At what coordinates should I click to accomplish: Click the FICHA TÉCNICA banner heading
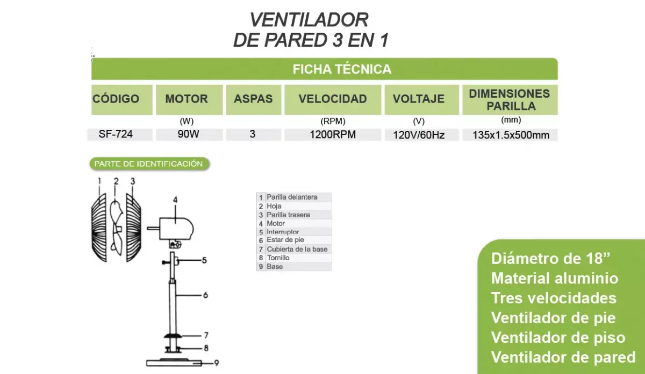click(342, 69)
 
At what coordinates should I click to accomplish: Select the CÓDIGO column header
click(116, 99)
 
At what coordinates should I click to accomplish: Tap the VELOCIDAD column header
click(333, 99)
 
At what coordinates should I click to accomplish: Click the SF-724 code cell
click(116, 134)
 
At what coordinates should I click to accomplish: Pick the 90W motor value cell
click(188, 134)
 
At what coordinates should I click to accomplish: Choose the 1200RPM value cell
click(333, 135)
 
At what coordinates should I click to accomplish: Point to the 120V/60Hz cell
click(419, 135)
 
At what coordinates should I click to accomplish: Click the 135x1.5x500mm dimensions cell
click(511, 135)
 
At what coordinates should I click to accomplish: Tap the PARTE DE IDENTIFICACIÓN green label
click(149, 164)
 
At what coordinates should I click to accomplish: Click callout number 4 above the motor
click(175, 200)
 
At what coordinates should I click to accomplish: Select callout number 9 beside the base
click(217, 363)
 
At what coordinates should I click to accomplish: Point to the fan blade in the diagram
click(117, 228)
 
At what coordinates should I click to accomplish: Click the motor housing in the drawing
click(176, 229)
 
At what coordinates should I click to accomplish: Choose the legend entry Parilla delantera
click(292, 197)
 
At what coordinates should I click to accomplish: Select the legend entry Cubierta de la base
click(297, 249)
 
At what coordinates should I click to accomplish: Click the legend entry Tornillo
click(278, 258)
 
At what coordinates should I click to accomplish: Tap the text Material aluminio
click(555, 278)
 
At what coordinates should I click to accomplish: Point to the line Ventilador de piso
click(558, 338)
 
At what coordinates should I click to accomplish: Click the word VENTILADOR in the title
click(309, 20)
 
